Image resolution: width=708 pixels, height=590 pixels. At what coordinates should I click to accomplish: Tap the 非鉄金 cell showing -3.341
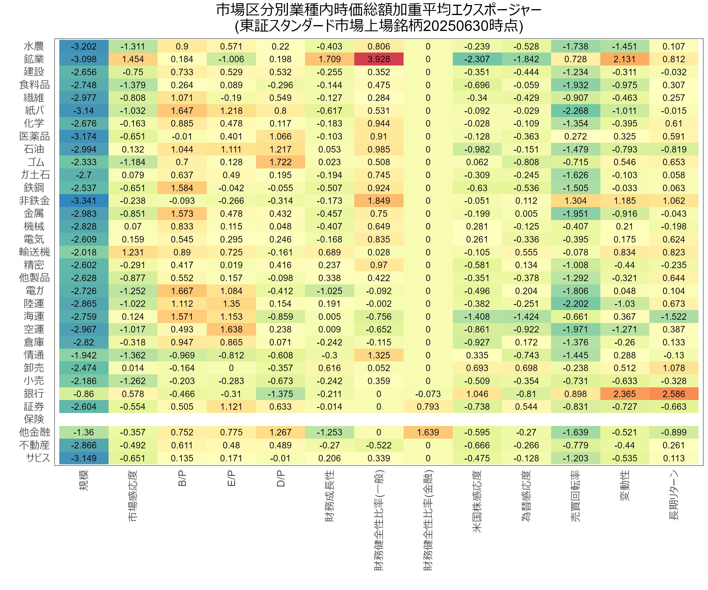point(84,201)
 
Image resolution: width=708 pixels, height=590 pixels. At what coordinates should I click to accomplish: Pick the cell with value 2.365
point(625,394)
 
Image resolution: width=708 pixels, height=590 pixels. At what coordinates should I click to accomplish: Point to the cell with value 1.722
point(281,162)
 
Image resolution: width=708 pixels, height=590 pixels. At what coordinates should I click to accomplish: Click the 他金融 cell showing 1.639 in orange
point(428,432)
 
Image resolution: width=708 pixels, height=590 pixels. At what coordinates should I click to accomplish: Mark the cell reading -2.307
point(477,59)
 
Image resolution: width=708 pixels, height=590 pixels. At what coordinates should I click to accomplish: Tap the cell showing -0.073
point(428,394)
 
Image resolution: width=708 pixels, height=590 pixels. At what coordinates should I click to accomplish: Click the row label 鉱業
point(34,59)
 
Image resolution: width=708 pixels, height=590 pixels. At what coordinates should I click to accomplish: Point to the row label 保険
point(34,419)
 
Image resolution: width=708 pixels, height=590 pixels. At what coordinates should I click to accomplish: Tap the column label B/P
point(182,479)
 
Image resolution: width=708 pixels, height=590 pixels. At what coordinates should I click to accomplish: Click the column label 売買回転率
point(576,496)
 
